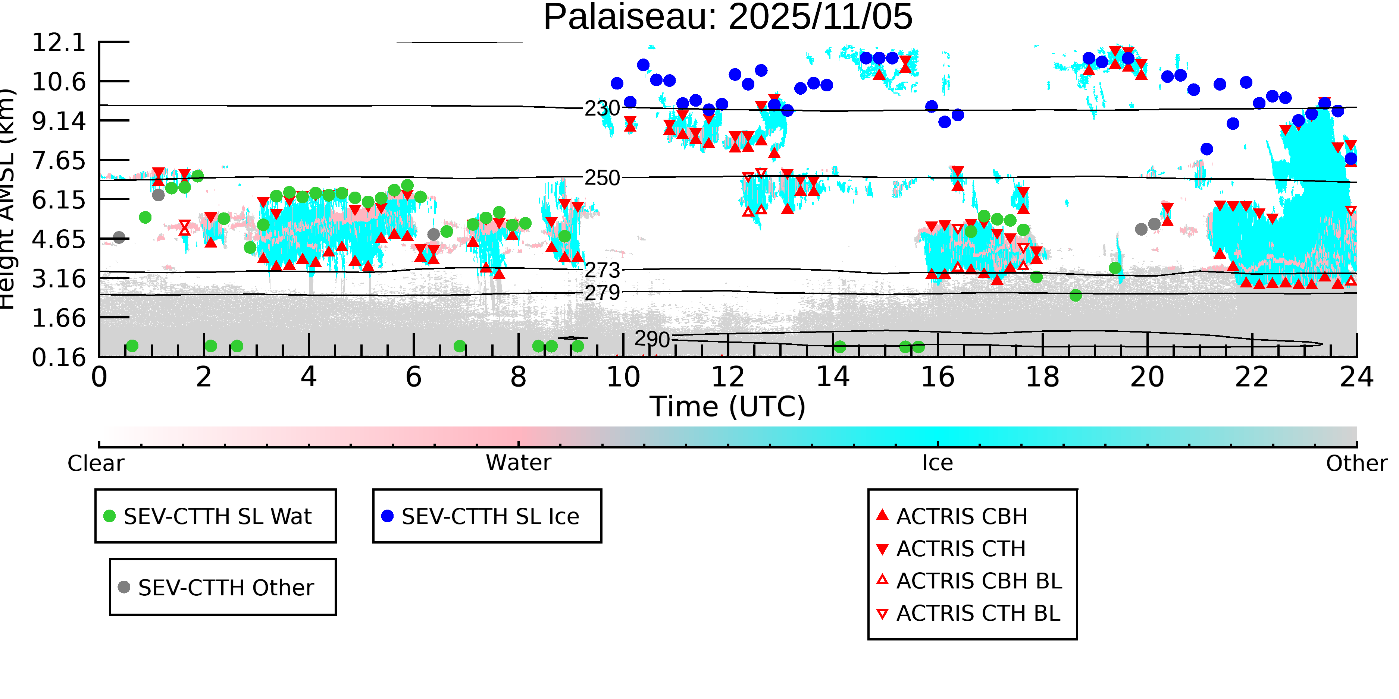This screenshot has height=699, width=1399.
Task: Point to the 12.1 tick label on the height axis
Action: [59, 42]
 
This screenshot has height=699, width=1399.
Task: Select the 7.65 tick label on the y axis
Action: [59, 161]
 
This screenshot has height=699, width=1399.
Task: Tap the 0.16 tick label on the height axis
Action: [59, 357]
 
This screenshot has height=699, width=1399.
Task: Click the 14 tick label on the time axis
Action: [833, 377]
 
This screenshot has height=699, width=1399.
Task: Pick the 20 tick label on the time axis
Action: [1147, 377]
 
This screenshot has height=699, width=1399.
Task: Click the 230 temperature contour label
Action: [602, 108]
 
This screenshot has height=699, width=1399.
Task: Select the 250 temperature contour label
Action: [602, 178]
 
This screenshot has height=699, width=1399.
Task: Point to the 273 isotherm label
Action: [602, 270]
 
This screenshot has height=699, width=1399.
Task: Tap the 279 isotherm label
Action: [602, 293]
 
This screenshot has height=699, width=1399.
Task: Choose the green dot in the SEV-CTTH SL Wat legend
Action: [110, 516]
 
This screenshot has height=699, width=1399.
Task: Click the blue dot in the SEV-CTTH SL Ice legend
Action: [387, 516]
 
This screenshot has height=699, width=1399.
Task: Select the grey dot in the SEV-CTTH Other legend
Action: [124, 587]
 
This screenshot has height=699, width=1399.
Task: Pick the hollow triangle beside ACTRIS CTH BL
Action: [883, 614]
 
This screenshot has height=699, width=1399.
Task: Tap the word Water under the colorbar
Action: [518, 463]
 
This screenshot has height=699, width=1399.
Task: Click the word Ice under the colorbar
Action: [938, 463]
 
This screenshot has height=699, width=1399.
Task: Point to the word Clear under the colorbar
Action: [96, 463]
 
